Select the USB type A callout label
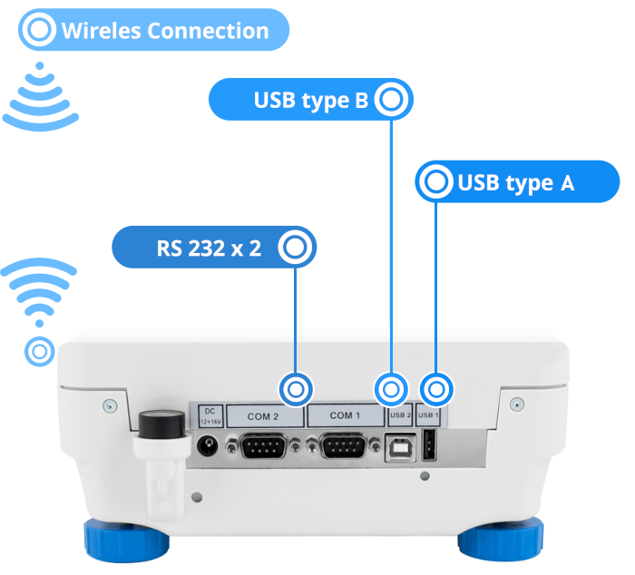(515, 183)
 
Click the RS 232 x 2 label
(209, 247)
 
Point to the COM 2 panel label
(264, 416)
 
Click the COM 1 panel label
(346, 416)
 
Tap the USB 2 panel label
(400, 416)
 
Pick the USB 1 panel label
(429, 416)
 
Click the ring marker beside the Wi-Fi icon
(40, 350)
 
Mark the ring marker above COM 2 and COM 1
(296, 389)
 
